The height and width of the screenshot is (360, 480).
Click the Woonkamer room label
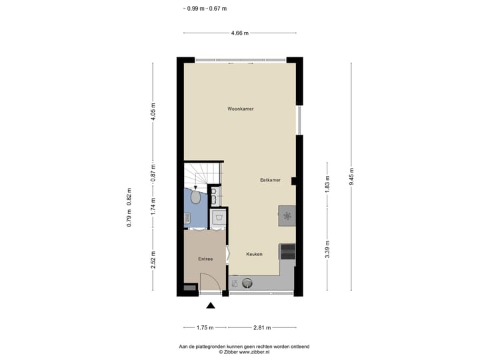point(240,109)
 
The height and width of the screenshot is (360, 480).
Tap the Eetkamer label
point(270,180)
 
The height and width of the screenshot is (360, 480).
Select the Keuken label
point(254,254)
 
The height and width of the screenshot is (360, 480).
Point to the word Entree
point(205,259)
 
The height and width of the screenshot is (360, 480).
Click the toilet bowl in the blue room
point(195,198)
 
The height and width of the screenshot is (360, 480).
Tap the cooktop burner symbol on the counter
point(287,215)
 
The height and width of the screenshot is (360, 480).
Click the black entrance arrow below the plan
point(211,306)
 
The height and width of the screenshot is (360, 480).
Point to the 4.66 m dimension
point(239,33)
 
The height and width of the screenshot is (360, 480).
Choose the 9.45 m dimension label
point(351,176)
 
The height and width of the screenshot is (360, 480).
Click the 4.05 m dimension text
point(153,110)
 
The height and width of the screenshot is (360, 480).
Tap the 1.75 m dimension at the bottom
point(205,327)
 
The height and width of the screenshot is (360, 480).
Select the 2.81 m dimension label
point(263,327)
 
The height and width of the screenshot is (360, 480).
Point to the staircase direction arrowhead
point(195,188)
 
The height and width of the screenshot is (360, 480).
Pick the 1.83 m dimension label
point(327,183)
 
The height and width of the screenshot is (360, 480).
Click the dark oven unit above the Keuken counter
point(287,251)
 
